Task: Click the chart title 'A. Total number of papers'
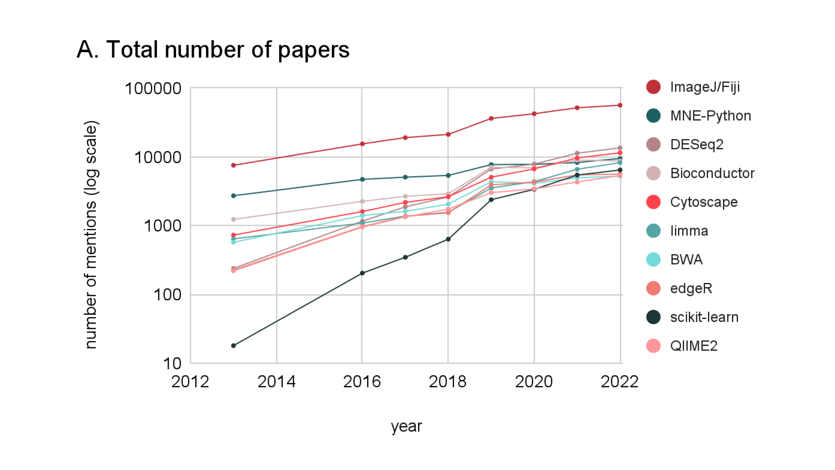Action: pos(213,50)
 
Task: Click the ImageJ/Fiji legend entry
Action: pos(705,87)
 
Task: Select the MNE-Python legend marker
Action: pos(653,116)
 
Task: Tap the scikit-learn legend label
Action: pos(704,317)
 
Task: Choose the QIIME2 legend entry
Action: pos(694,346)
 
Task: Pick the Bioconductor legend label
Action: pos(712,173)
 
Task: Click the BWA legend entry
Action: pos(686,260)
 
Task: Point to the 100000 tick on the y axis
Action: pos(153,88)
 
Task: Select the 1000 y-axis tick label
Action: pos(162,226)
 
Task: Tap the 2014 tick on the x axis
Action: pos(276,382)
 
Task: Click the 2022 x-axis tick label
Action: pos(619,382)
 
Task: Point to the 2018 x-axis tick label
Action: pos(448,382)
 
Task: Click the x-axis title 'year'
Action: pos(406,426)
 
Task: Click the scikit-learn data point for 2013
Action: pos(234,346)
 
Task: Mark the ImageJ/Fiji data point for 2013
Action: pos(234,165)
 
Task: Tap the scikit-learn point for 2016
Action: pos(362,273)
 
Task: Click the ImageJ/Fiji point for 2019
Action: pos(491,118)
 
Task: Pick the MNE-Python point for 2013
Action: pos(234,196)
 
